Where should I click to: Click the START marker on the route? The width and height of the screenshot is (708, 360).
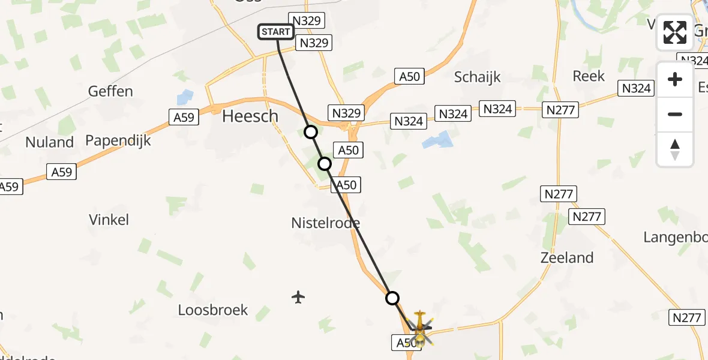coord(276,32)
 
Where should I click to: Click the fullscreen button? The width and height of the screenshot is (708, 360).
coord(675,32)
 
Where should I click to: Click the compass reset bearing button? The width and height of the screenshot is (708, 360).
coord(675,149)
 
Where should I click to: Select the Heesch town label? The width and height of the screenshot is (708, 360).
coord(250,116)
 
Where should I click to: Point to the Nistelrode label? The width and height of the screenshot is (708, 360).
coord(325,223)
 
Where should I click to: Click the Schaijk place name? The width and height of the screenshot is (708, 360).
coord(477,77)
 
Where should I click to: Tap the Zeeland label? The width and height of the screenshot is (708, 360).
coord(566,257)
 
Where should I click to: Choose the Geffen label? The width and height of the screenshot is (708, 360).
coord(110,91)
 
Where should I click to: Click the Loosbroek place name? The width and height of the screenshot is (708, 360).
coord(213,310)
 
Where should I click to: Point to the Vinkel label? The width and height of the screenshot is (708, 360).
coord(109,220)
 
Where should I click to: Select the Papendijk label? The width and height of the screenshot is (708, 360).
coord(118,140)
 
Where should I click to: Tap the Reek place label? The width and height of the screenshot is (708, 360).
coord(589,76)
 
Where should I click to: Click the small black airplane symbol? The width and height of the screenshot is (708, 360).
coord(298,296)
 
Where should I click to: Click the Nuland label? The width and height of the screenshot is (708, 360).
coord(49,142)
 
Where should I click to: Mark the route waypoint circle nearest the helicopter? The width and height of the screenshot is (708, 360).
coord(392,298)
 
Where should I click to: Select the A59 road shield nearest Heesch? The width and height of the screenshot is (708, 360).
coord(184,117)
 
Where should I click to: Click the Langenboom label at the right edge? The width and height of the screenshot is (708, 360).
coord(675,237)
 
